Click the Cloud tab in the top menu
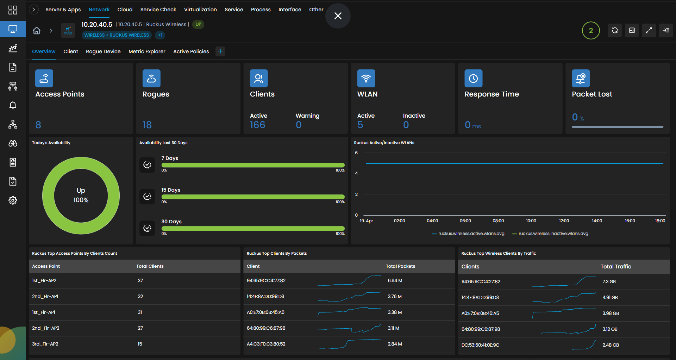[x=125, y=10]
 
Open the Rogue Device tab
[x=103, y=51]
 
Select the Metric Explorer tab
[x=147, y=51]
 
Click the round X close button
[x=338, y=16]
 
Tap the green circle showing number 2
[x=591, y=31]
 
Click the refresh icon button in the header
[x=615, y=30]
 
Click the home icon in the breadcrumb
[x=37, y=31]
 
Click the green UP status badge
[x=198, y=24]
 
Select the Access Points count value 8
[x=38, y=125]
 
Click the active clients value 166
[x=257, y=125]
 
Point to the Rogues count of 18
[x=147, y=125]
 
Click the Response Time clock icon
[x=474, y=78]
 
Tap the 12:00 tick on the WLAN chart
[x=564, y=221]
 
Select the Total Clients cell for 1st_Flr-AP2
[x=140, y=281]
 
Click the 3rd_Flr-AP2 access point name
[x=45, y=344]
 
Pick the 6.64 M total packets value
[x=395, y=281]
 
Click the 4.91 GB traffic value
[x=610, y=298]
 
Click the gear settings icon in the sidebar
[x=13, y=200]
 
